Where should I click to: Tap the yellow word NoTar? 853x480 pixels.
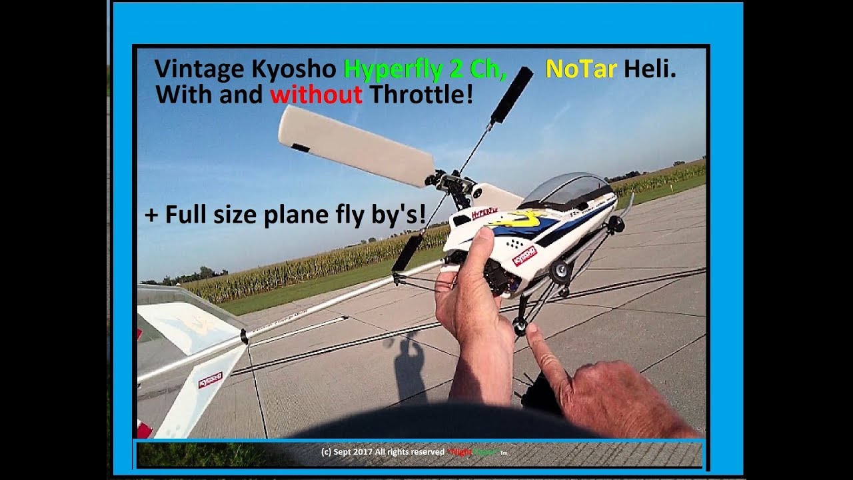click(x=580, y=69)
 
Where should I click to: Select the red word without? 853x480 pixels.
click(x=316, y=95)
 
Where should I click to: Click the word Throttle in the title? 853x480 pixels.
click(x=421, y=95)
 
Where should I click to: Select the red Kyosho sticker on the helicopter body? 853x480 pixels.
click(x=524, y=255)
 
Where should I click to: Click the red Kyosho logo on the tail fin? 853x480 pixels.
click(x=210, y=379)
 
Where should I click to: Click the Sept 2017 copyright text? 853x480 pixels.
click(x=382, y=451)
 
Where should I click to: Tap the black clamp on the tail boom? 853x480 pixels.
click(x=244, y=337)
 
